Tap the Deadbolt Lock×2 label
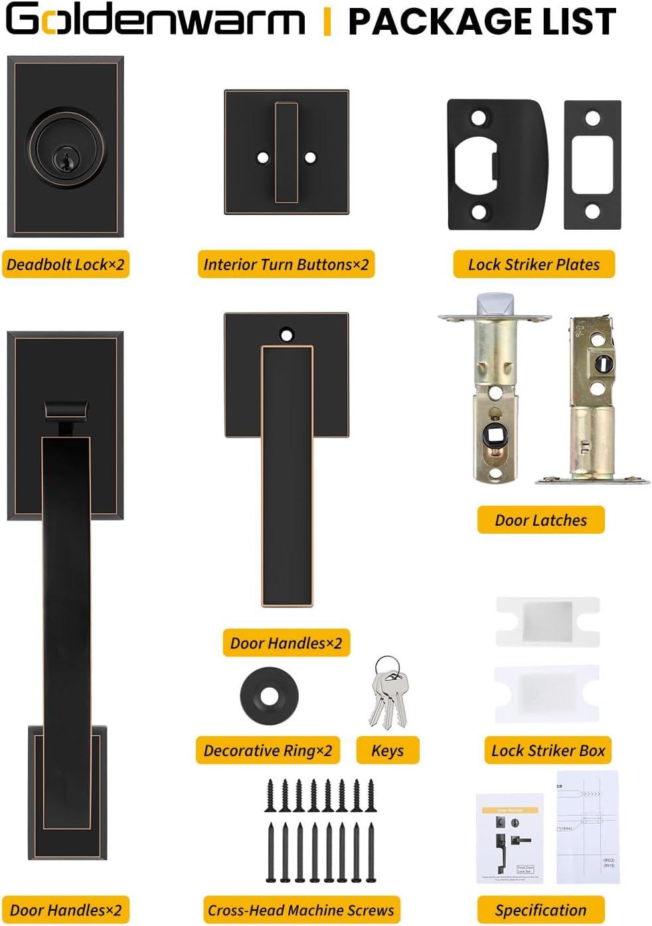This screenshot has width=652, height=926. (66, 264)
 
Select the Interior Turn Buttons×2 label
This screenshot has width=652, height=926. (286, 264)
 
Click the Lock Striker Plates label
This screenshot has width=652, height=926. (534, 264)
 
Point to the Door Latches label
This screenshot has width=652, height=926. (540, 520)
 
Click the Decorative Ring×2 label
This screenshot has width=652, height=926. (268, 750)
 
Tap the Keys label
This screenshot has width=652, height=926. (388, 750)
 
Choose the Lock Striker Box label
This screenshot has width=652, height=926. (548, 750)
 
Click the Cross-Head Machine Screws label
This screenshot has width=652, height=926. (301, 909)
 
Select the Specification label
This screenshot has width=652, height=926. (540, 909)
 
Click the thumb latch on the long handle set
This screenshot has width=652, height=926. (66, 412)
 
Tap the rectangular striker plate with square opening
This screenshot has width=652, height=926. (592, 165)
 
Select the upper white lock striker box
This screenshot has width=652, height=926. (548, 621)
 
